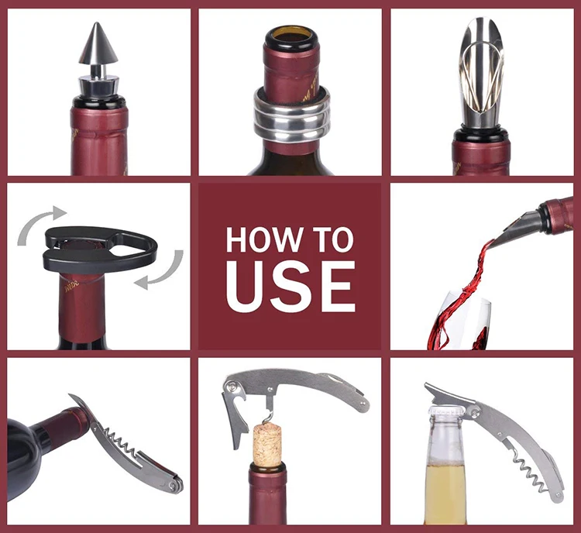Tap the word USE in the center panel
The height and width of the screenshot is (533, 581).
(290, 286)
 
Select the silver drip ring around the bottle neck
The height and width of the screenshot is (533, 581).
(290, 115)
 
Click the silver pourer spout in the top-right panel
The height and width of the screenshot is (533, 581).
(481, 77)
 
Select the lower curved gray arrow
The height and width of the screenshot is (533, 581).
(162, 271)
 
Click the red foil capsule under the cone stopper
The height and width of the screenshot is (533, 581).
(99, 139)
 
